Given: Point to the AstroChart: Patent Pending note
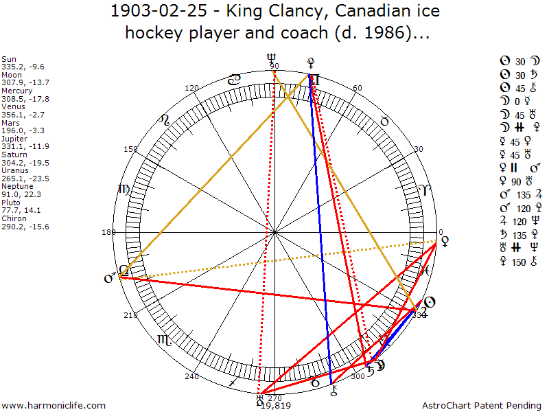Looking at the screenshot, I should click(483, 405).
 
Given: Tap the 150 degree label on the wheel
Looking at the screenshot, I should click(130, 149).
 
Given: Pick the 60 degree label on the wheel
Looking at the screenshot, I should click(357, 89).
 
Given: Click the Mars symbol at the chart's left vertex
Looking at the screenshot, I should click(109, 279).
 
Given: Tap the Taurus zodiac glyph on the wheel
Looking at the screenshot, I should click(385, 120).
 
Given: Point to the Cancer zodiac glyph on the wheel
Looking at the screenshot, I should click(235, 80).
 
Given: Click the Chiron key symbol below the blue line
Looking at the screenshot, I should click(334, 391).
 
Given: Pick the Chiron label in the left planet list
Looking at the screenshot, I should click(14, 218).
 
